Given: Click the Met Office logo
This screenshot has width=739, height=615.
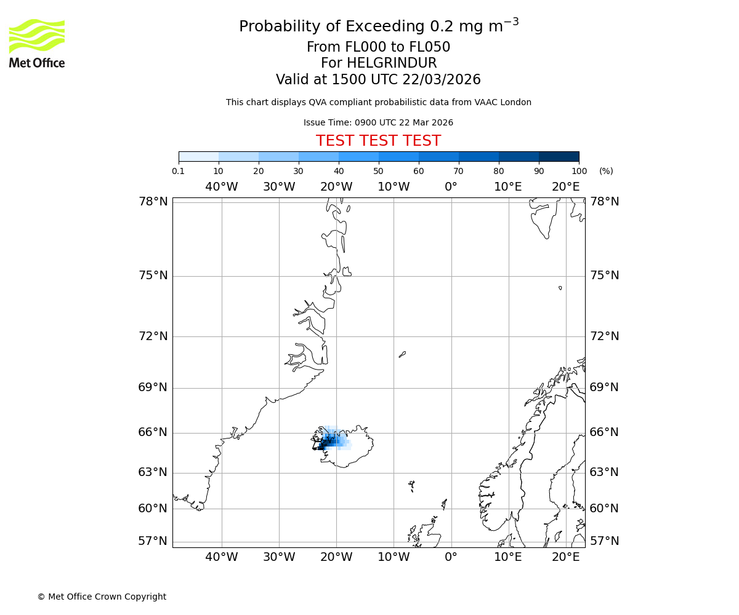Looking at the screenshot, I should point(37,43).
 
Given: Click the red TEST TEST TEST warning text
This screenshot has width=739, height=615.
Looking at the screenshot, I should point(378,141).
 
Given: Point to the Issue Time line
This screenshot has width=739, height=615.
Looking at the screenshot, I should point(378,123).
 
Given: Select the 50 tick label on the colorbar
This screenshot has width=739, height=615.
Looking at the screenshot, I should point(379,171).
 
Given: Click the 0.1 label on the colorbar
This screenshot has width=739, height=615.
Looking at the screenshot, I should point(179,171).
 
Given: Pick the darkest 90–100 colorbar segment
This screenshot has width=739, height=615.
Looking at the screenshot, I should point(559,156).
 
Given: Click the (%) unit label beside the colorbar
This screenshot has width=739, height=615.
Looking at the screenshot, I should point(606,171).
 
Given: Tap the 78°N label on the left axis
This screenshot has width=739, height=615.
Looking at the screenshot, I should point(153,202).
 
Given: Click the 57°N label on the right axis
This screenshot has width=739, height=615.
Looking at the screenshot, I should point(604,541).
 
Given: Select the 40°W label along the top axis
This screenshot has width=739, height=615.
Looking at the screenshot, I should point(222,187).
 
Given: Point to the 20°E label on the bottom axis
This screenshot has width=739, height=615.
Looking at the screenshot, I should point(565,557).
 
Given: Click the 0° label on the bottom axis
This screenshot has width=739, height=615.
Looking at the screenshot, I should point(451,557).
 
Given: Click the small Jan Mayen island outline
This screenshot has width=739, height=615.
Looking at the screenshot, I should point(402,354).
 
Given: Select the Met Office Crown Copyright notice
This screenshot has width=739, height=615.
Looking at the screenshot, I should point(102,597).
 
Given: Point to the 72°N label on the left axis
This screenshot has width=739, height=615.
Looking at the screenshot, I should point(153,336).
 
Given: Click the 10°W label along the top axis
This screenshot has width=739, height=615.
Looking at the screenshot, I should point(394,187).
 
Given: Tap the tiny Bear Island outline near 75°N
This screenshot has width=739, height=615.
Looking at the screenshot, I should point(560,288).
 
